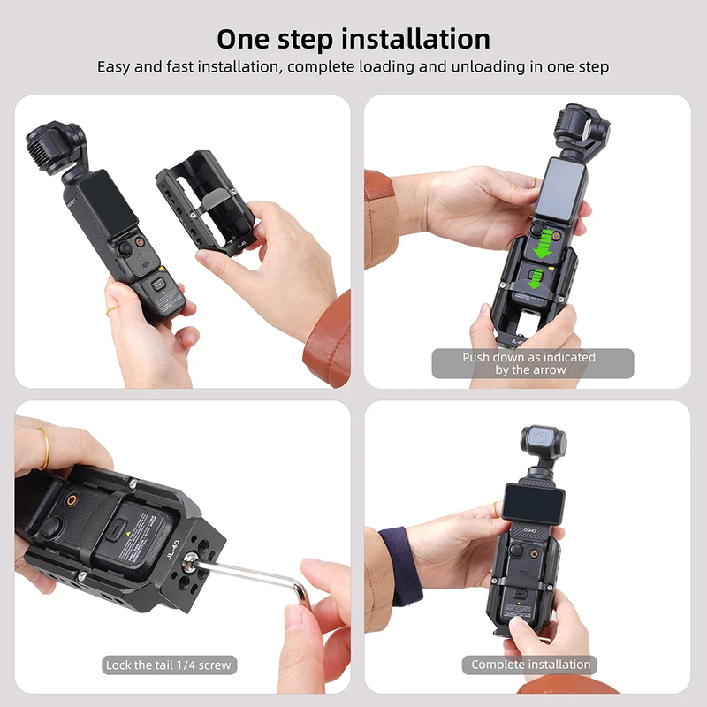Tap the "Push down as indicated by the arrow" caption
point(532,363)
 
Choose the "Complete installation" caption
point(530,665)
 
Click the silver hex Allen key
point(256,572)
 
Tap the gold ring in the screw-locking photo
point(44,448)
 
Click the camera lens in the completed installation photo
point(538,437)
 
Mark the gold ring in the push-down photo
point(533,182)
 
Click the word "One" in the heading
point(248,40)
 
